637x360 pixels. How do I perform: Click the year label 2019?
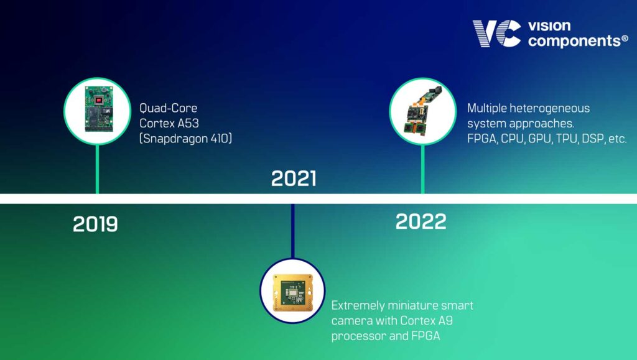pos(95,224)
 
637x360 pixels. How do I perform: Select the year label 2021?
pos(294,178)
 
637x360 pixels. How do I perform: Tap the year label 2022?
pos(421,221)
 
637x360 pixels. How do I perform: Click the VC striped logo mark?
pos(497,34)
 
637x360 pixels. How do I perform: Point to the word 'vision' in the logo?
pos(549,26)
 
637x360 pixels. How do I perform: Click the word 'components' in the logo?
pos(574,41)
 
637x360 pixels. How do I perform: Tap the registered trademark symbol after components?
pos(625,39)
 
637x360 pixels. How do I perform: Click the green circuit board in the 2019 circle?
pos(98,109)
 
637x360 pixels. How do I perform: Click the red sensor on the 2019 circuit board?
pos(98,100)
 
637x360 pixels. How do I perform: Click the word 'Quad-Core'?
pos(168,108)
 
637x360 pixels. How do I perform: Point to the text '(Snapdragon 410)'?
pos(185,139)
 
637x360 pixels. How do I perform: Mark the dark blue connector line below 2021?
pos(292,231)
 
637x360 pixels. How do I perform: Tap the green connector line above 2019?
pos(97,169)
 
